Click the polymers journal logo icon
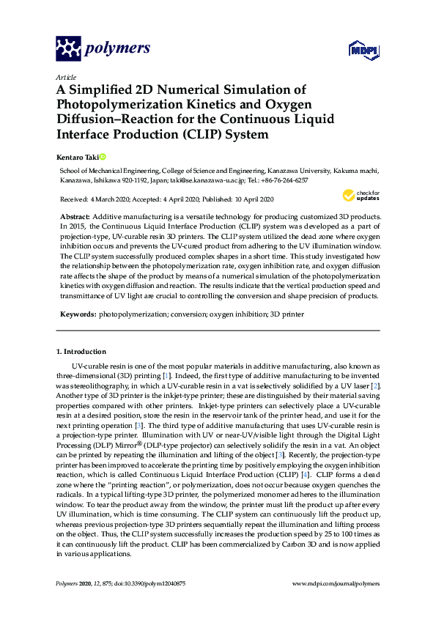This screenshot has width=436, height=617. pyautogui.click(x=67, y=49)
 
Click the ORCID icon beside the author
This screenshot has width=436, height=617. pyautogui.click(x=103, y=156)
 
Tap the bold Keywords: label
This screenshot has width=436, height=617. pyautogui.click(x=78, y=314)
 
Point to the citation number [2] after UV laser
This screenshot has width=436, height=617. pyautogui.click(x=374, y=385)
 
